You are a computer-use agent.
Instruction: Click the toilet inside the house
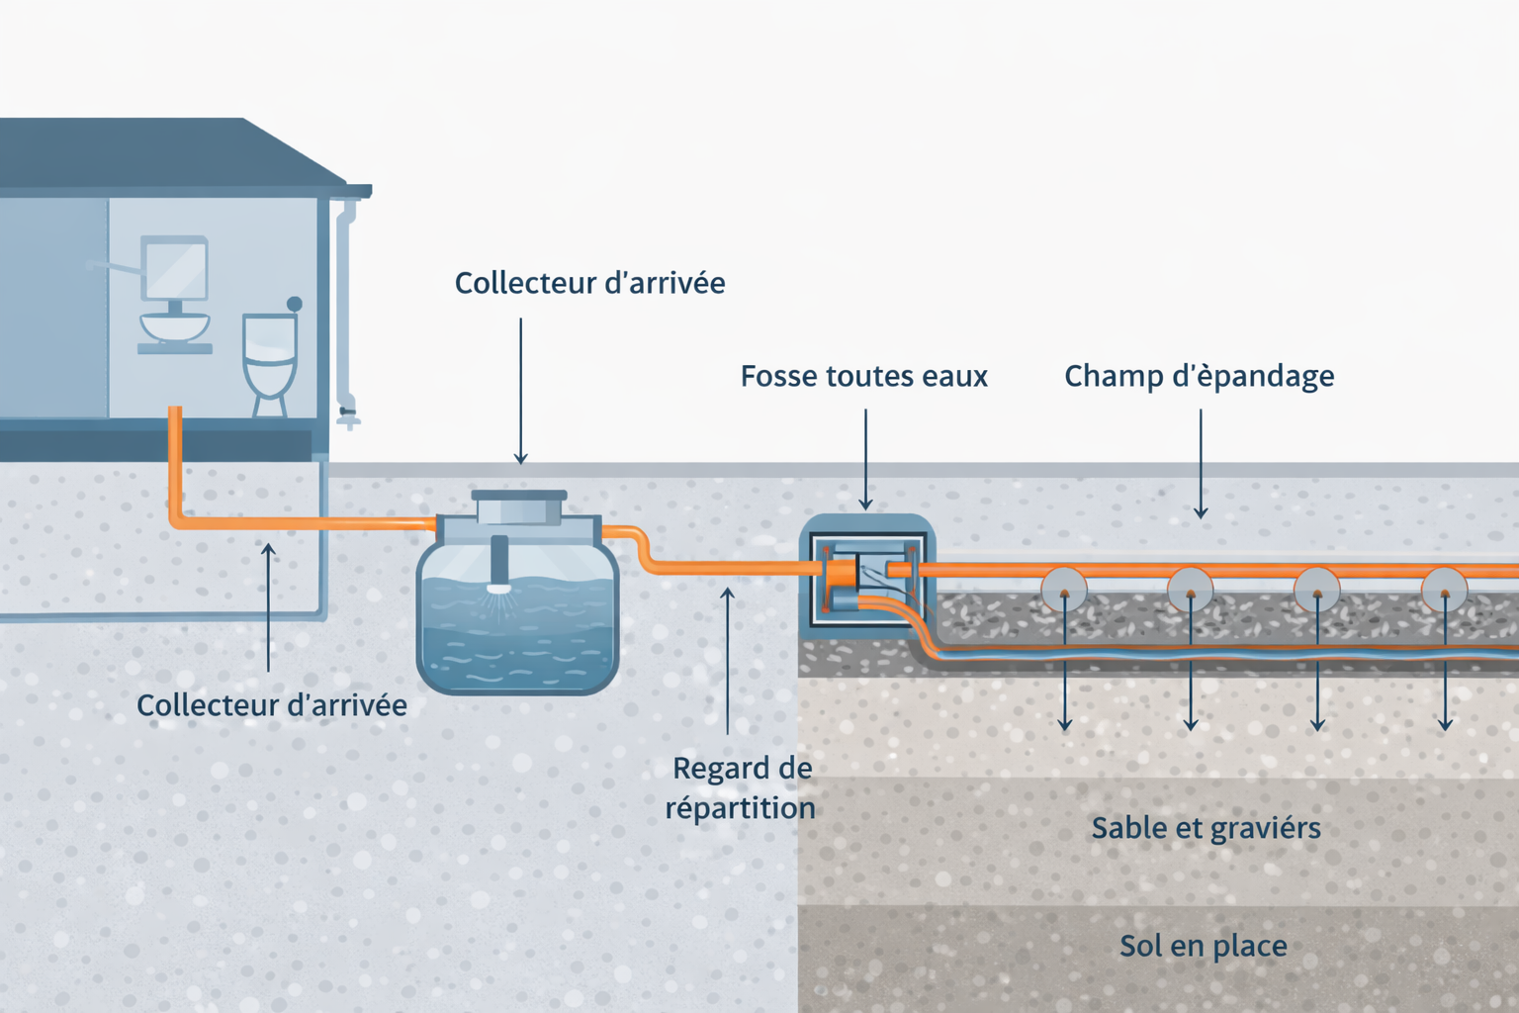pos(269,361)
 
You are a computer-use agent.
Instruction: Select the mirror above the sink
pos(175,267)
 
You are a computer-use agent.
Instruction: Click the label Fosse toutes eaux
pos(863,376)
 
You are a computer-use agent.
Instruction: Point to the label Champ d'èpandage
pos(1199,376)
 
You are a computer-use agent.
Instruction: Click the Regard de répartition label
pos(741,787)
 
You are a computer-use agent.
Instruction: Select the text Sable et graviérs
pos(1206,827)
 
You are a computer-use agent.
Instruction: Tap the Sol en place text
pos(1203,946)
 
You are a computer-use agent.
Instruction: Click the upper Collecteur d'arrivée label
pos(589,283)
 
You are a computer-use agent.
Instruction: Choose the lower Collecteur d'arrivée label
pos(272,704)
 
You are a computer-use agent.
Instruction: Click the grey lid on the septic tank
pos(519,506)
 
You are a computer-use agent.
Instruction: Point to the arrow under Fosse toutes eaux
pos(865,459)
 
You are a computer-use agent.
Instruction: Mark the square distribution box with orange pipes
pos(867,579)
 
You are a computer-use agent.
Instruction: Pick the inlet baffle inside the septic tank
pos(499,564)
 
